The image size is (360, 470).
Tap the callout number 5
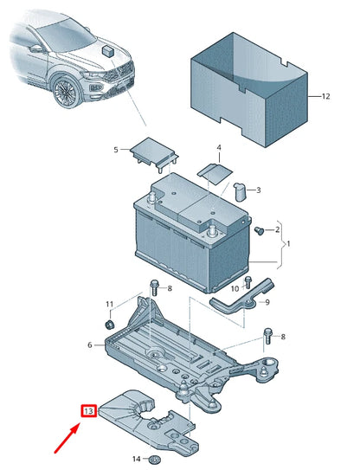[x=116, y=150]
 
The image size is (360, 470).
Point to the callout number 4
[x=219, y=148]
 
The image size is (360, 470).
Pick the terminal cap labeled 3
[x=245, y=190]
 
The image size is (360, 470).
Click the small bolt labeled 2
[x=258, y=230]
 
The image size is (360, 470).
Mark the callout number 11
[x=109, y=305]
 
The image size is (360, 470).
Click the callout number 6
[x=90, y=344]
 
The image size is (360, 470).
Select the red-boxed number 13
[x=88, y=411]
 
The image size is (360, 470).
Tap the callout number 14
[x=135, y=458]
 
